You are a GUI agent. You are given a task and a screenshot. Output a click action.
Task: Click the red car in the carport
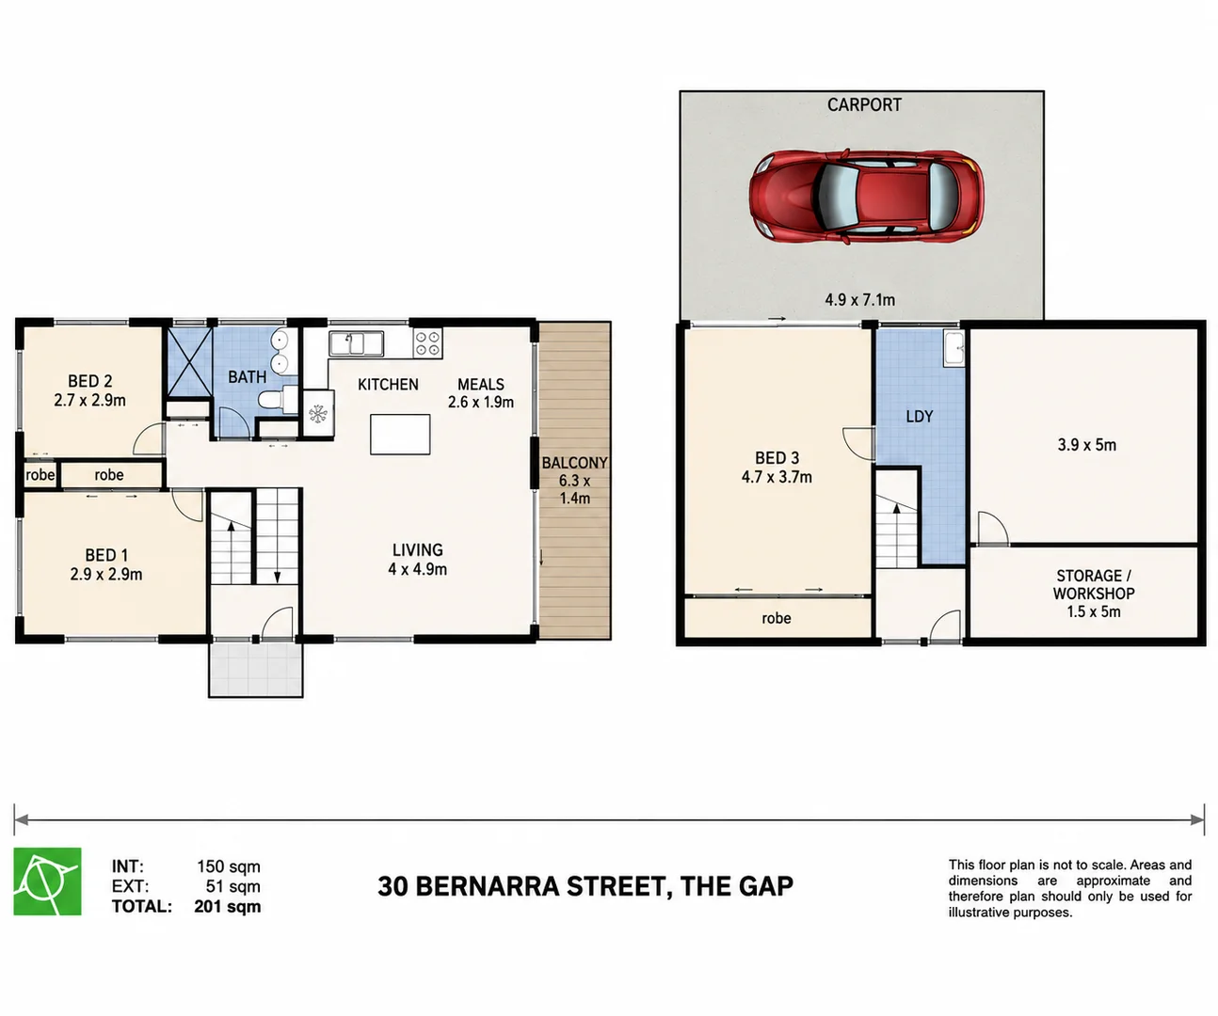point(866,196)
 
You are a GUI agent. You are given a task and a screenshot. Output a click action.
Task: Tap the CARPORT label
point(864,105)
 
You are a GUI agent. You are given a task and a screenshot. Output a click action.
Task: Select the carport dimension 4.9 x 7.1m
point(859,299)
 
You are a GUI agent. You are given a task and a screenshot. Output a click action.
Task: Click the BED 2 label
point(89,381)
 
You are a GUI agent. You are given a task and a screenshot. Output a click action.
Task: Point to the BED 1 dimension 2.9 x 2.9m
point(106,574)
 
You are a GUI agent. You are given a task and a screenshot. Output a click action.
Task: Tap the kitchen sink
point(356,343)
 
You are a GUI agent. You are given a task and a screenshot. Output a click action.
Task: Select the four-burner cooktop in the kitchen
point(427,343)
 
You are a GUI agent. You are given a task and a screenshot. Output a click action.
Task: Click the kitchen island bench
point(400,435)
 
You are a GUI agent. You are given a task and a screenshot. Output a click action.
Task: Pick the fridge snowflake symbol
point(318,415)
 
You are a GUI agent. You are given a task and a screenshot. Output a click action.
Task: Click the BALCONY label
point(574,463)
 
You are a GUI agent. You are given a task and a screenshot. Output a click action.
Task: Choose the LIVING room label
point(418,549)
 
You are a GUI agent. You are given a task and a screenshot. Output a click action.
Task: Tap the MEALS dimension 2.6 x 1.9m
point(481,402)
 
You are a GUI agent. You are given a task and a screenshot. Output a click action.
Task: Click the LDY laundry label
point(920,417)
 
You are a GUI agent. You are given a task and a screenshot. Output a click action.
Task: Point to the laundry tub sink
point(954,348)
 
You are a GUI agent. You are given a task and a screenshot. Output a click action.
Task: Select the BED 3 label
point(777,458)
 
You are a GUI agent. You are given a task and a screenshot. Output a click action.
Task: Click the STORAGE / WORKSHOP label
point(1094,584)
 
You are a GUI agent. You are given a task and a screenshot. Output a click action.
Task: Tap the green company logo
point(48,881)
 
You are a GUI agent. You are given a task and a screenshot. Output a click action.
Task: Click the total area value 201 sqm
point(228,907)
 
